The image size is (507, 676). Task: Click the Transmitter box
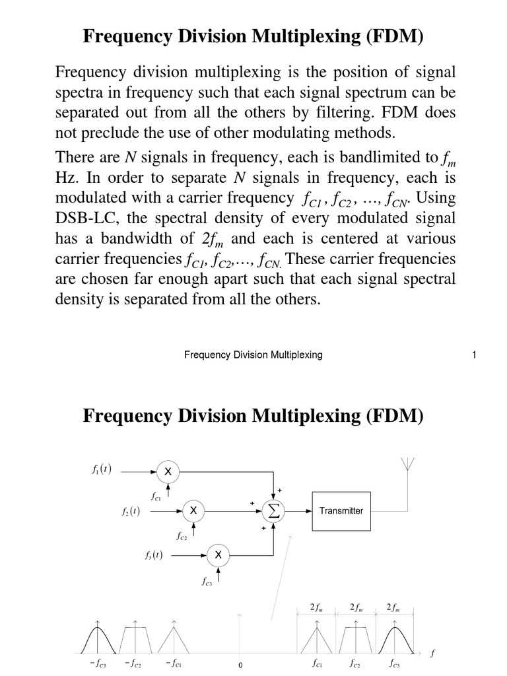coord(341,510)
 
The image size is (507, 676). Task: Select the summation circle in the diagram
coord(273,510)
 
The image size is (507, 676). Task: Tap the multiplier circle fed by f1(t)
coord(168,471)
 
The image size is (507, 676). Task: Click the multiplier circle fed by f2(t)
coord(193,510)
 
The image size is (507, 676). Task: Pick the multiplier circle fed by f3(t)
coord(219,555)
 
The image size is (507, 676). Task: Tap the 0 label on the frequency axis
coord(241,665)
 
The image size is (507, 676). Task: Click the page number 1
coord(473,355)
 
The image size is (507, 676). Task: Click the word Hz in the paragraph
coord(66,178)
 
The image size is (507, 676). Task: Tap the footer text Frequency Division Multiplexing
coord(253,355)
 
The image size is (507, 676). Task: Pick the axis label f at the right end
coord(432,654)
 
